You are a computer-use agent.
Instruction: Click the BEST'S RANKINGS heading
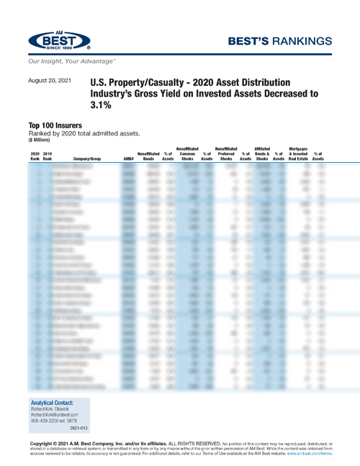287,40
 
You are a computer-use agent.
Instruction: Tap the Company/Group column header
89,158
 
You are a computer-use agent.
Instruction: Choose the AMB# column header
128,158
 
